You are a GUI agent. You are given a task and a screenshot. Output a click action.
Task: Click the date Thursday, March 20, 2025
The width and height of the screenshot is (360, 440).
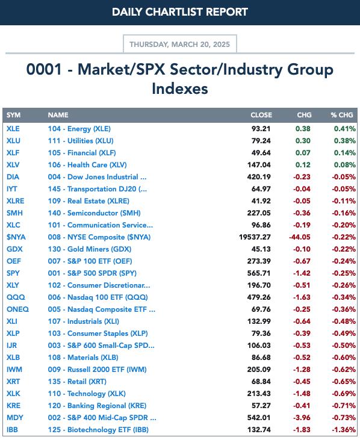click(x=179, y=45)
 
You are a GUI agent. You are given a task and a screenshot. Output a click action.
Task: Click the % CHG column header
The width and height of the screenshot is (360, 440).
click(x=341, y=115)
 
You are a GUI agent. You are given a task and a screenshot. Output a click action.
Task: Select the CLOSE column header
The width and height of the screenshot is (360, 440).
click(x=261, y=115)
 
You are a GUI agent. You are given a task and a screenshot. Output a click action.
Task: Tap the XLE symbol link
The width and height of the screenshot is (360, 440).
click(x=13, y=129)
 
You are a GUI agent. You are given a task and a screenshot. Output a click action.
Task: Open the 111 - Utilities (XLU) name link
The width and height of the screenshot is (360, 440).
click(x=81, y=141)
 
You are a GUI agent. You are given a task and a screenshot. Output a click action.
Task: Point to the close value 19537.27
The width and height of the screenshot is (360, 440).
click(x=255, y=237)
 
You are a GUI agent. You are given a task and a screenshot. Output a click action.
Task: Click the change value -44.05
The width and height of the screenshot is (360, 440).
click(x=300, y=237)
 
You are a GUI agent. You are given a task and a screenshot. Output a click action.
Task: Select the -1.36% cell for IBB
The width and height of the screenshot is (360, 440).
click(x=344, y=430)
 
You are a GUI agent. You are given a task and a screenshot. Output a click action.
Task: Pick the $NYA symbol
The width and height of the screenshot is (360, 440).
click(x=16, y=237)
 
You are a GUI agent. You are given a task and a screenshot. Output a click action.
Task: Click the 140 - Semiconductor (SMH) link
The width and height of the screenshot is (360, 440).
click(x=94, y=213)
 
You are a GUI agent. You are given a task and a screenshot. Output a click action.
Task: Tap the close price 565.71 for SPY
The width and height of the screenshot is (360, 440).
click(x=259, y=273)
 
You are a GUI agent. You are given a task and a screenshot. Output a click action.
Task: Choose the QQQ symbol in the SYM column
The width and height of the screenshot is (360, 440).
click(x=16, y=297)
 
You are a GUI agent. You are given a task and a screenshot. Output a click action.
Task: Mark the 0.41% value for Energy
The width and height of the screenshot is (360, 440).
click(x=344, y=129)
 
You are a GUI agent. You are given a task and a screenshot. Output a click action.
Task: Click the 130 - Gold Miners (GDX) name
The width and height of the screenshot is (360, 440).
click(x=90, y=249)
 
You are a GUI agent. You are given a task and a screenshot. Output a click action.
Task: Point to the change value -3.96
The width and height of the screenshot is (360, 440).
click(x=302, y=418)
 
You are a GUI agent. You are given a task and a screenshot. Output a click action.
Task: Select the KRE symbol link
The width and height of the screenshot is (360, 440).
click(x=13, y=406)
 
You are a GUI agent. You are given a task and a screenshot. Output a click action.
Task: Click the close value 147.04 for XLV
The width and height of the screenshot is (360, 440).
click(x=259, y=165)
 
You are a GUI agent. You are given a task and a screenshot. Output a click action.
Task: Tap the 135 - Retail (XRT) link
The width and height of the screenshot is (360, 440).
click(x=77, y=382)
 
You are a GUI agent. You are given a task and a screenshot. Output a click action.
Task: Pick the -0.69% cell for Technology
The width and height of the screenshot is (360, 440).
click(x=344, y=394)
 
